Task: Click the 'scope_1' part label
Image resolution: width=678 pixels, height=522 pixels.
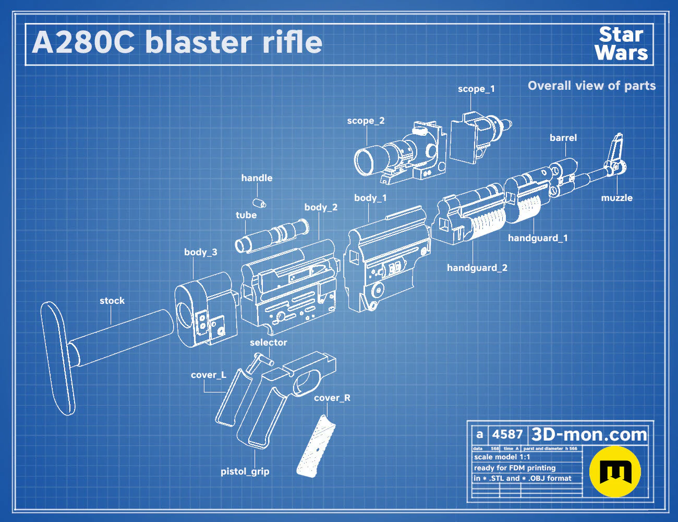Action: pyautogui.click(x=476, y=89)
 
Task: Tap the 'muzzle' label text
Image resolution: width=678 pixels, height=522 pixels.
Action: pyautogui.click(x=616, y=198)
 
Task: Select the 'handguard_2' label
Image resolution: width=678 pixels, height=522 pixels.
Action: pyautogui.click(x=477, y=268)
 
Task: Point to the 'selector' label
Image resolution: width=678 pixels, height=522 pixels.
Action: pyautogui.click(x=268, y=342)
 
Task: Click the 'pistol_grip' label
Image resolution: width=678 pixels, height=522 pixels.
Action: pyautogui.click(x=245, y=471)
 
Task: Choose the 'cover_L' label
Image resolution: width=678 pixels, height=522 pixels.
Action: pyautogui.click(x=209, y=375)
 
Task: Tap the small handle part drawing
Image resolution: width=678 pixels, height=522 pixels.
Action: pyautogui.click(x=259, y=203)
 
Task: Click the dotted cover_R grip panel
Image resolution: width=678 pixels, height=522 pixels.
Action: pyautogui.click(x=316, y=446)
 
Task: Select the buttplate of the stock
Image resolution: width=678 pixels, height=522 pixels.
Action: pyautogui.click(x=58, y=359)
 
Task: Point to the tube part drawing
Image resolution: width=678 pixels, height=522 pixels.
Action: pyautogui.click(x=272, y=235)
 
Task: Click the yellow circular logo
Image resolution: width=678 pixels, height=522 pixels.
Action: pyautogui.click(x=615, y=471)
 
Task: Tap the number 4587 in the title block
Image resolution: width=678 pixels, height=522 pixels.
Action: pyautogui.click(x=507, y=434)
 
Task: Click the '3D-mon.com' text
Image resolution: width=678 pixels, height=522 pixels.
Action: pyautogui.click(x=589, y=434)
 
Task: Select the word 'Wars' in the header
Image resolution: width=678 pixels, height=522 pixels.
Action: pyautogui.click(x=621, y=52)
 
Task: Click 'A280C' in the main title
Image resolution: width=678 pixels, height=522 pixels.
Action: pyautogui.click(x=83, y=42)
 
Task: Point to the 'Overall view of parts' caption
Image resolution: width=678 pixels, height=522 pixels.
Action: pyautogui.click(x=591, y=86)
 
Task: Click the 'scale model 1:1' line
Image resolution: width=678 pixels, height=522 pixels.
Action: pyautogui.click(x=502, y=457)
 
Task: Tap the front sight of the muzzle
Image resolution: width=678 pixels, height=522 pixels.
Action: pyautogui.click(x=615, y=149)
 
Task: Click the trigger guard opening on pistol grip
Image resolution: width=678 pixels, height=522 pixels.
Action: pyautogui.click(x=307, y=382)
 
